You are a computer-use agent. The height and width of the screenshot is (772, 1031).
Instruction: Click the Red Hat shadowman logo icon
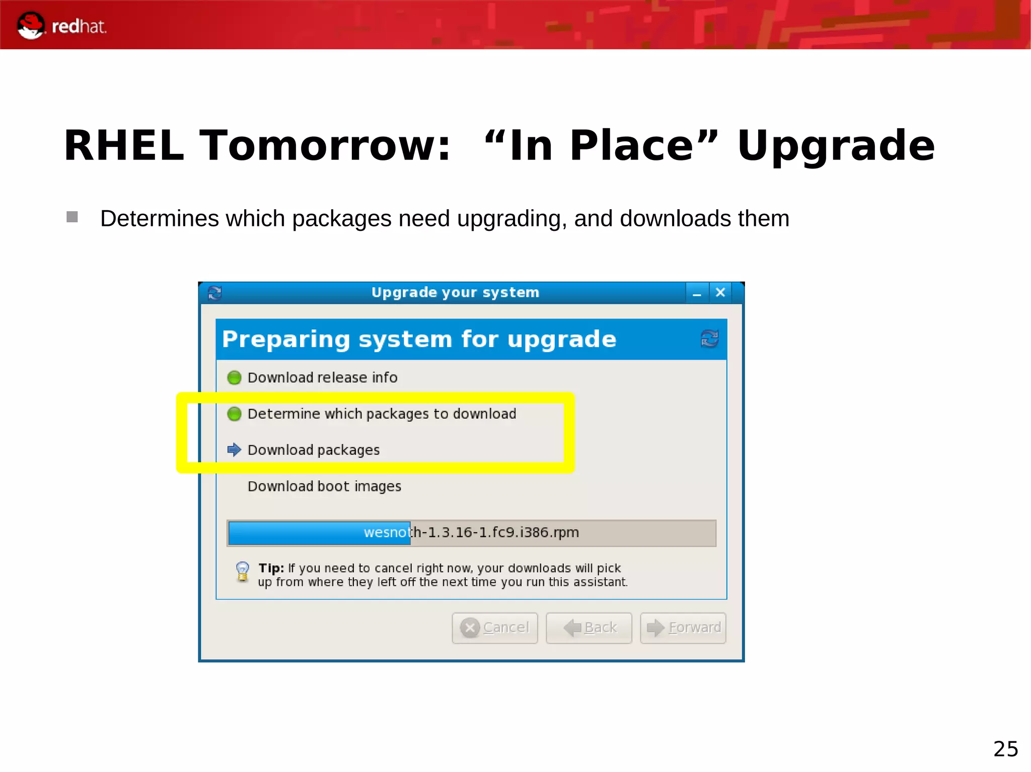[30, 25]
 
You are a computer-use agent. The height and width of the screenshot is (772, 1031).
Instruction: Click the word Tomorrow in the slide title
[325, 146]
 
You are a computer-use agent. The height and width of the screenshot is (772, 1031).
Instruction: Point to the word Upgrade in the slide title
[836, 146]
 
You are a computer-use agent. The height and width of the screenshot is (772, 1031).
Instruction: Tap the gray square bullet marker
[72, 217]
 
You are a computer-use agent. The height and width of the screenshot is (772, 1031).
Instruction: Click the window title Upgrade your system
[455, 292]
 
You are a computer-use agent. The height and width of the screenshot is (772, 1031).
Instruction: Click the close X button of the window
[720, 292]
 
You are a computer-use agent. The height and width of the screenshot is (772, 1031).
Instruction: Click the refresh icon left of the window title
[215, 293]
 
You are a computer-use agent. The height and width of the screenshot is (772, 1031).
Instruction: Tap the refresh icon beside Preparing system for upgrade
[709, 338]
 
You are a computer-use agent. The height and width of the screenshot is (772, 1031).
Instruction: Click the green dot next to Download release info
[234, 377]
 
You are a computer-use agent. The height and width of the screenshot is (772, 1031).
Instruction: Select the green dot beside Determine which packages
[234, 414]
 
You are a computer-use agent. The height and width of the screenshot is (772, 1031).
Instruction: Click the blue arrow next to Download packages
[234, 450]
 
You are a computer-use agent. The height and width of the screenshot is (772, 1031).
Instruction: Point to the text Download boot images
[324, 486]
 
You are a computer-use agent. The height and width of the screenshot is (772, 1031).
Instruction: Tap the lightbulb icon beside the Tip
[242, 572]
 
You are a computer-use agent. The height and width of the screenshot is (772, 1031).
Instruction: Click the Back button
[589, 628]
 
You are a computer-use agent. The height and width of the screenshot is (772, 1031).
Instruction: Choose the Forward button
[683, 628]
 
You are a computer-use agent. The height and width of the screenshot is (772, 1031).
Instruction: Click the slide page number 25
[1005, 749]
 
